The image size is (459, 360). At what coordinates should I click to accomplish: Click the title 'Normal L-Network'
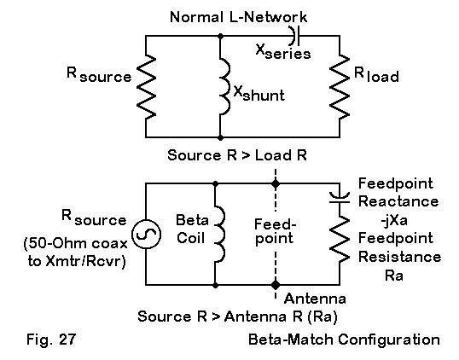click(239, 17)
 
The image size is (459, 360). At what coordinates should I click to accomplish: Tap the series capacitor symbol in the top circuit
click(295, 36)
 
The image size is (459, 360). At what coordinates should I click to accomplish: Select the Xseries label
click(283, 52)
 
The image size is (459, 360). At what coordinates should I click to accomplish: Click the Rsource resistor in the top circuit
click(146, 87)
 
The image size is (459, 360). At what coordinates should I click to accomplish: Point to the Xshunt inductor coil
click(224, 87)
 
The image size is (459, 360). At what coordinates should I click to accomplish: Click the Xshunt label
click(259, 94)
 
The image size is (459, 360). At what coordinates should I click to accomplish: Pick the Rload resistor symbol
click(340, 87)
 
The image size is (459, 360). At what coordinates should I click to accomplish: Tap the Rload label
click(376, 74)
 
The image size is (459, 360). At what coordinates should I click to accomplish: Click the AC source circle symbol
click(146, 234)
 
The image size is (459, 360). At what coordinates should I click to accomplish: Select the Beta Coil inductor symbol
click(220, 234)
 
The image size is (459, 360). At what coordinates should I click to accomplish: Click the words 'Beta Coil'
click(192, 229)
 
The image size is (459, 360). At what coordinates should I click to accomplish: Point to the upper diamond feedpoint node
click(276, 183)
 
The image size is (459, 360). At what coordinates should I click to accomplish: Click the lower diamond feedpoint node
click(276, 284)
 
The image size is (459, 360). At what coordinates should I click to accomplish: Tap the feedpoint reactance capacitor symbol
click(340, 198)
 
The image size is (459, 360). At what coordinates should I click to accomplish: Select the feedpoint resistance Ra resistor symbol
click(340, 239)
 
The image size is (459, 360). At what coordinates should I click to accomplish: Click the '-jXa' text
click(394, 220)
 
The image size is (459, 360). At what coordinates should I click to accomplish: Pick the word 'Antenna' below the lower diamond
click(315, 299)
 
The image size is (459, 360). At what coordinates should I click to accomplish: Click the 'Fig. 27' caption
click(51, 340)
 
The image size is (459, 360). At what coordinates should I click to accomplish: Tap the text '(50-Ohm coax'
click(76, 243)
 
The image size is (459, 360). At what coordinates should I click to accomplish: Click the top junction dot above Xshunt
click(221, 36)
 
